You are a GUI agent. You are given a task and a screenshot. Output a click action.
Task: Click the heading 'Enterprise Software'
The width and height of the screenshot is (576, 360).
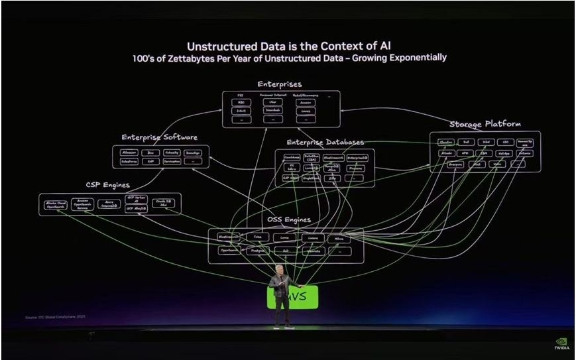pos(159,137)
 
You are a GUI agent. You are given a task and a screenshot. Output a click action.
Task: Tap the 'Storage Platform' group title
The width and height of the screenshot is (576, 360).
pos(485,124)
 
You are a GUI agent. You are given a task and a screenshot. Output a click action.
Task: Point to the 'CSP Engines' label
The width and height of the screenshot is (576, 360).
pos(107,185)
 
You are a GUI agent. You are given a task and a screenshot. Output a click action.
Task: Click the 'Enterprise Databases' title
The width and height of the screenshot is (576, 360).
pos(325,143)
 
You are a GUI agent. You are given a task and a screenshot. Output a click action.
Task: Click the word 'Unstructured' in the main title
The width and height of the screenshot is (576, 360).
pos(229,46)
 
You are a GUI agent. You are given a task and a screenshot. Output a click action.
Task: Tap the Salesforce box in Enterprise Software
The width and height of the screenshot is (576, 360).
pos(129,162)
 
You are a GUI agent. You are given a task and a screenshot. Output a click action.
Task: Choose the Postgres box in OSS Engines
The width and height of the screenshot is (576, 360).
pos(259,251)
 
